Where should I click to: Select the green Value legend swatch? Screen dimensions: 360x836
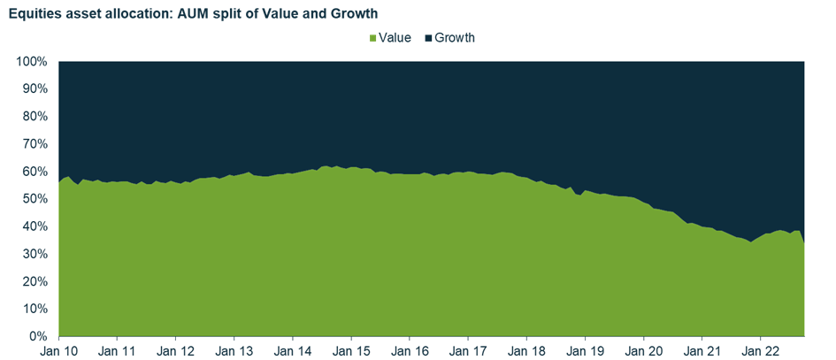coord(374,38)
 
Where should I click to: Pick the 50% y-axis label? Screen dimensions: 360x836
coord(35,199)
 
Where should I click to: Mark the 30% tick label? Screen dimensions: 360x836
coord(35,254)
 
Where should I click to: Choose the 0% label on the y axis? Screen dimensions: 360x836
coord(38,337)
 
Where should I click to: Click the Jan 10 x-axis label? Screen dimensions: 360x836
coord(58,350)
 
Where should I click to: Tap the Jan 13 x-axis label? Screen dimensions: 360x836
coord(234,350)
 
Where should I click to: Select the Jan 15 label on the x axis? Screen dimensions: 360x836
coord(351,350)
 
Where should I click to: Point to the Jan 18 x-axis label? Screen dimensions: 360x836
coord(526,350)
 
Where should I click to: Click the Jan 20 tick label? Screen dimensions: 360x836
coord(643,350)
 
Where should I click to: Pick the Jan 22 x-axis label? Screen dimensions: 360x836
coord(761,350)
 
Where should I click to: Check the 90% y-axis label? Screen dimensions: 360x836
coord(35,89)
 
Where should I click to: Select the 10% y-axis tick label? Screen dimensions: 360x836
coord(35,309)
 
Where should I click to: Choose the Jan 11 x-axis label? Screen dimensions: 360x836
coord(117,350)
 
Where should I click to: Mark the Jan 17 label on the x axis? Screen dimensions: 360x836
coord(468,350)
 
